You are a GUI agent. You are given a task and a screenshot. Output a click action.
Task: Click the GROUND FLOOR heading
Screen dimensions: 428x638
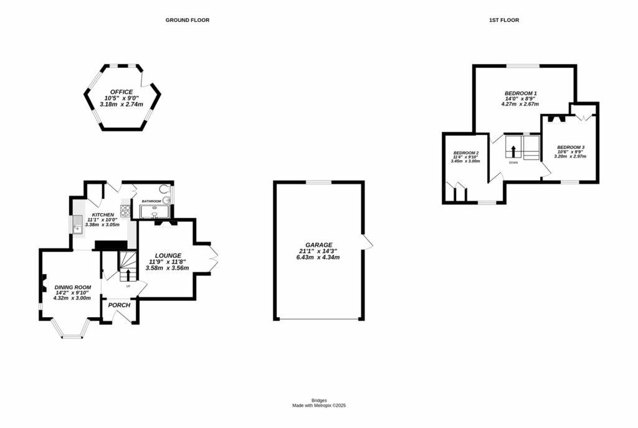point(187,20)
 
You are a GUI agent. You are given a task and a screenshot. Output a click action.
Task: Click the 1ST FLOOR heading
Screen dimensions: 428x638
point(503,20)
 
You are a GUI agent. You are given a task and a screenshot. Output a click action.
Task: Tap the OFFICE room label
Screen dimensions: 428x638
point(121,92)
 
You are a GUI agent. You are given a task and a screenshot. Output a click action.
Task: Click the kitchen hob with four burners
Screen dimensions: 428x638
point(125,211)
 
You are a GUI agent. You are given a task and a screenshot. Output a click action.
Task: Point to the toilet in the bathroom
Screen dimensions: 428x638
point(163,189)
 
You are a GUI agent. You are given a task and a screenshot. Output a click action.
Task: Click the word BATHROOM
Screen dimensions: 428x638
point(151,201)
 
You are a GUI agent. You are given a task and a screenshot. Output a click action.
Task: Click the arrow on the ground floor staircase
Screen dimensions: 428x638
point(128,275)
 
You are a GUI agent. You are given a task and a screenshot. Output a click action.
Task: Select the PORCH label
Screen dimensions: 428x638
point(119,305)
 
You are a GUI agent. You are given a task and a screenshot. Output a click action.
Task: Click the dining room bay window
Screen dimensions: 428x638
point(72,333)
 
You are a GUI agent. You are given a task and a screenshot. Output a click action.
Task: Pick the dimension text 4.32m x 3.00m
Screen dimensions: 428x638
point(72,298)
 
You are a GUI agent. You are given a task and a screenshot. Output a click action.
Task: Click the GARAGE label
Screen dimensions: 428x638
point(318,245)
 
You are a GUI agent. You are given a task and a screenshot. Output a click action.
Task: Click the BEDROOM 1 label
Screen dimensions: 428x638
point(520,93)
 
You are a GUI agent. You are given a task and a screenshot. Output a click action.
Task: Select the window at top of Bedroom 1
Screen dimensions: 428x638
point(522,65)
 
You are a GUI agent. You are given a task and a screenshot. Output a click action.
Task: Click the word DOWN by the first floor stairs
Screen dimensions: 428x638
point(513,163)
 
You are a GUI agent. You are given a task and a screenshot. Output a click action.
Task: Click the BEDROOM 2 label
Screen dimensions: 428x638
point(465,153)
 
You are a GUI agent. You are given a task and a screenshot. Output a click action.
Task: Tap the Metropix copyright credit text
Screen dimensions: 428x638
point(319,406)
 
